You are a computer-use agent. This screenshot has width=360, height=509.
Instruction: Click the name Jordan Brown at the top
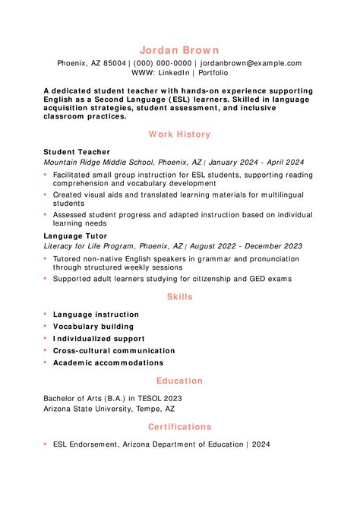click(180, 49)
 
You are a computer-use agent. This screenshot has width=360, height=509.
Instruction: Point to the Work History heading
click(180, 134)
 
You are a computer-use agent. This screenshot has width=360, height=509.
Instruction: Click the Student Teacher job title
click(77, 152)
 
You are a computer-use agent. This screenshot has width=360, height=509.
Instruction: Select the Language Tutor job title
click(77, 236)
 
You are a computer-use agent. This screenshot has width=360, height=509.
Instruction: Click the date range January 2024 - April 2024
click(256, 163)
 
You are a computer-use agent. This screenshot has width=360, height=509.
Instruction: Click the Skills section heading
click(180, 297)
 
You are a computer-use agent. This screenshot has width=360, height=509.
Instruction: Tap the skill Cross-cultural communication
click(114, 351)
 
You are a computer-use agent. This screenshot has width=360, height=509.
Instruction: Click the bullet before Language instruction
click(46, 314)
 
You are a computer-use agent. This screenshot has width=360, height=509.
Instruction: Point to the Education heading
click(180, 381)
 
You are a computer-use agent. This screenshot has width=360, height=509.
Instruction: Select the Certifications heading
click(180, 427)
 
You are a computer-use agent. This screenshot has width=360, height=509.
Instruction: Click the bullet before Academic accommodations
click(46, 362)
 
